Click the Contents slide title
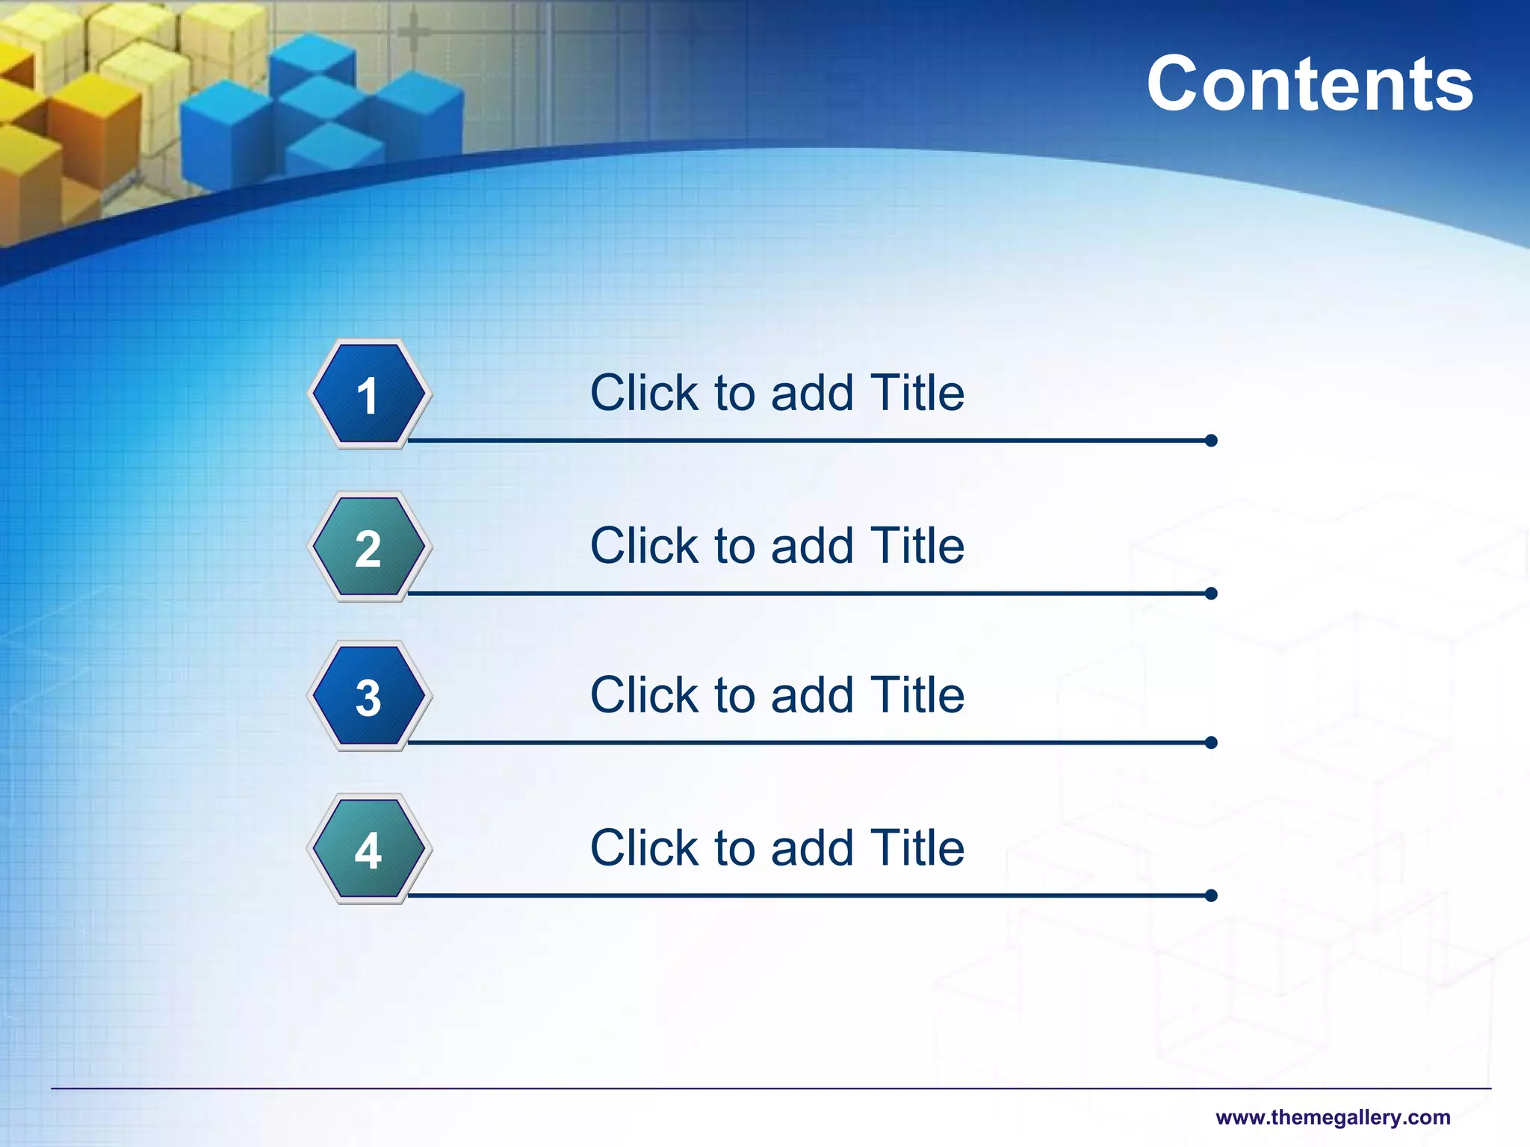coord(1310,84)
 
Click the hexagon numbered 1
coord(368,394)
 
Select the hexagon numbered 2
coord(368,547)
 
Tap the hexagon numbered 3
coord(368,697)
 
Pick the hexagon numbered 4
coord(368,849)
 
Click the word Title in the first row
coord(917,393)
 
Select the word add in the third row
coord(811,695)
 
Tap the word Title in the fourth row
coord(917,848)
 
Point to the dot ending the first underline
coord(1211,441)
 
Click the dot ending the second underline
coord(1211,594)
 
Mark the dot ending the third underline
coord(1211,742)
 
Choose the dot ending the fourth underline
coord(1211,895)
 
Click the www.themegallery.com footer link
coord(1333,1118)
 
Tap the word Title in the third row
coord(917,695)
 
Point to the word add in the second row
coord(811,546)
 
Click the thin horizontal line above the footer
coord(769,1089)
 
